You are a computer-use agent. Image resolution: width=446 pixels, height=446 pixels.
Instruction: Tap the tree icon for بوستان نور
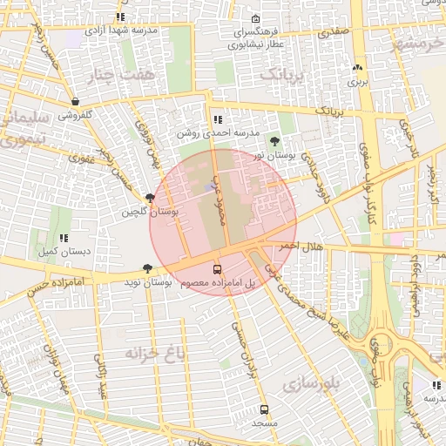tap(275, 141)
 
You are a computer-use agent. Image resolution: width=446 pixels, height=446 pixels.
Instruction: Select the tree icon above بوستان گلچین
tap(151, 199)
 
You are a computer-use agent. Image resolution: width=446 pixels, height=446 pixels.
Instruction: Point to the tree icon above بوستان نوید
tap(146, 269)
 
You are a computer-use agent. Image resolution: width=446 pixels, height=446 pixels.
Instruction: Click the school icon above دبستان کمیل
tap(63, 238)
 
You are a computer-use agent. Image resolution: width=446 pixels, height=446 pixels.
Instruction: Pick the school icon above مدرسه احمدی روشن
tap(217, 119)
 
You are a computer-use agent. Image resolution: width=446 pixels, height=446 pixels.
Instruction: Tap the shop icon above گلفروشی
tap(77, 101)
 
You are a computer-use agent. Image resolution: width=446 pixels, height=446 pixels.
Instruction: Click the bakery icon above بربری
tap(357, 68)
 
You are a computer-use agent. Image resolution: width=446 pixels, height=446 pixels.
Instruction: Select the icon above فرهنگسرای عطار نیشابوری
tap(254, 19)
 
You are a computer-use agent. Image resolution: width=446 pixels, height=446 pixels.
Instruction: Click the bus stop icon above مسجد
tap(264, 409)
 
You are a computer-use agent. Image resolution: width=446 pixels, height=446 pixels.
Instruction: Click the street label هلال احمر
tap(301, 247)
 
